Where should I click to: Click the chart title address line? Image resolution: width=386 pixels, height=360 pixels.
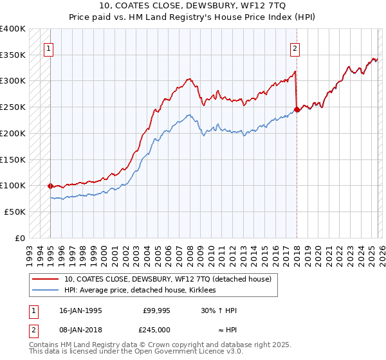193,6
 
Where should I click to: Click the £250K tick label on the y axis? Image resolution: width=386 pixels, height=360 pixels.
13,107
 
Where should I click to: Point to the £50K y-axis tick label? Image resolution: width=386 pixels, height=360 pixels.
15,211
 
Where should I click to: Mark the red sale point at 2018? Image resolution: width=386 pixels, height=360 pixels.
297,109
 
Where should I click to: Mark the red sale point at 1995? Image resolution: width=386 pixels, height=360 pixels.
50,185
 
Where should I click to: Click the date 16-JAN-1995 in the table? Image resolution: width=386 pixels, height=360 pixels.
80,310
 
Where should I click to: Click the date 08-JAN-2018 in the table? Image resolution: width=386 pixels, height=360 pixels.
80,330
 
